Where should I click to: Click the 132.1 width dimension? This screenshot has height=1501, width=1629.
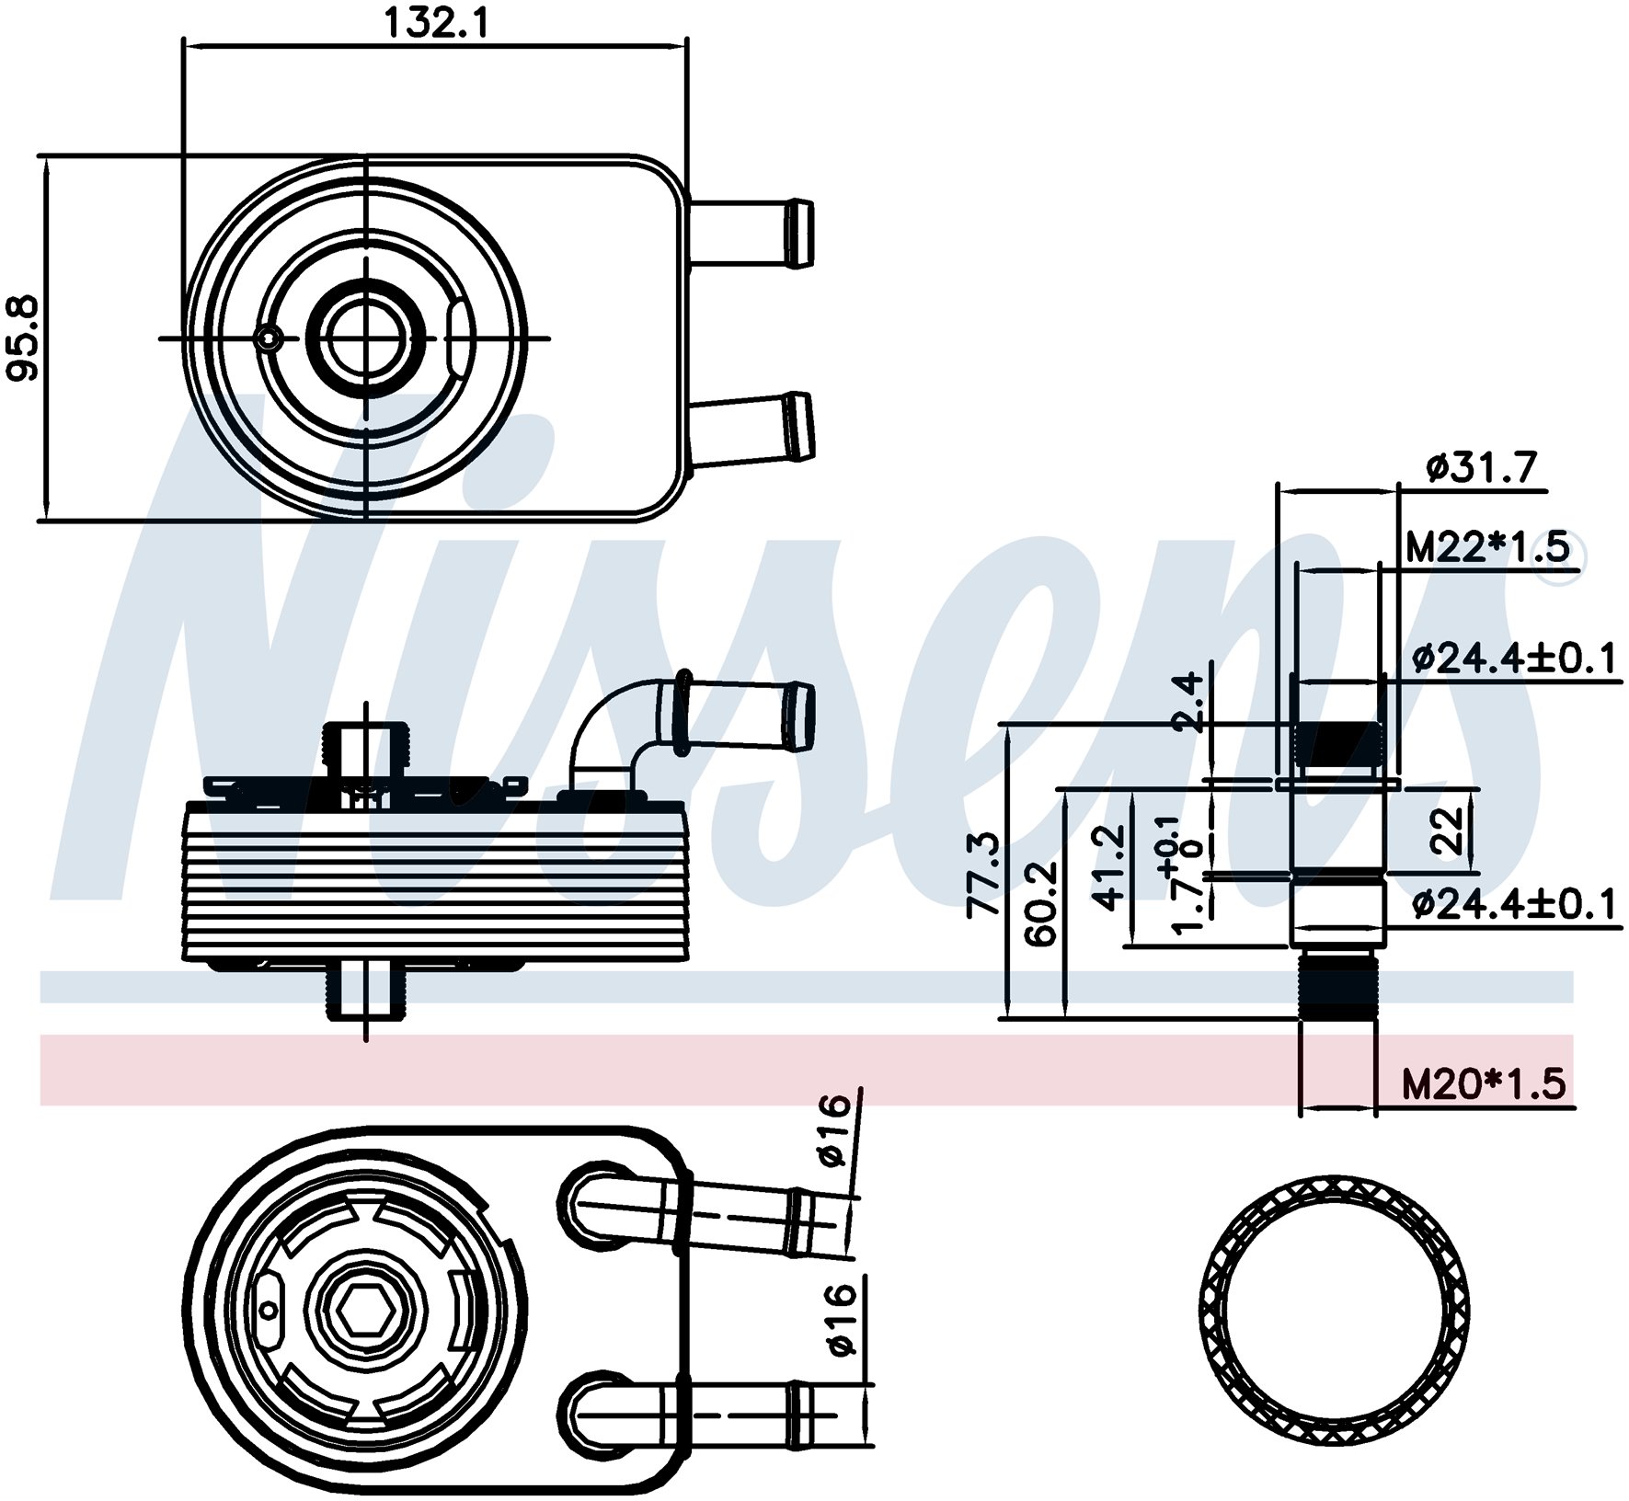[436, 22]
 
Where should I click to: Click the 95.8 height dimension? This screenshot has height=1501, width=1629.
[22, 338]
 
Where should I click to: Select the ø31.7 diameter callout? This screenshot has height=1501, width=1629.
[1481, 468]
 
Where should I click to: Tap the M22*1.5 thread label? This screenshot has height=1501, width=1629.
[1486, 548]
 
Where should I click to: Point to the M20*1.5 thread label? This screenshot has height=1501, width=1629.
[1483, 1084]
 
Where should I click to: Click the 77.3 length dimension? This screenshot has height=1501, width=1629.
[984, 874]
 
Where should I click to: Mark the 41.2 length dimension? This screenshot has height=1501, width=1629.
[1110, 867]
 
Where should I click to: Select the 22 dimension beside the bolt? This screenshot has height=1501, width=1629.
[1448, 831]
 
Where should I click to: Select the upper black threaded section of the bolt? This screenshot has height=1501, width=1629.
[1338, 743]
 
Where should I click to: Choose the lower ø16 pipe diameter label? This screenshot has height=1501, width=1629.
[841, 1320]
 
